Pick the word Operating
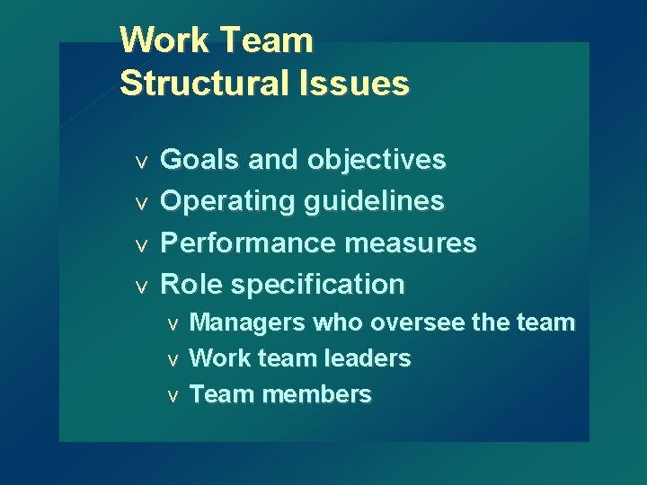tap(227, 201)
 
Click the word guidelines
tap(375, 201)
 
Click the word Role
tap(191, 284)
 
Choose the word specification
tap(318, 284)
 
